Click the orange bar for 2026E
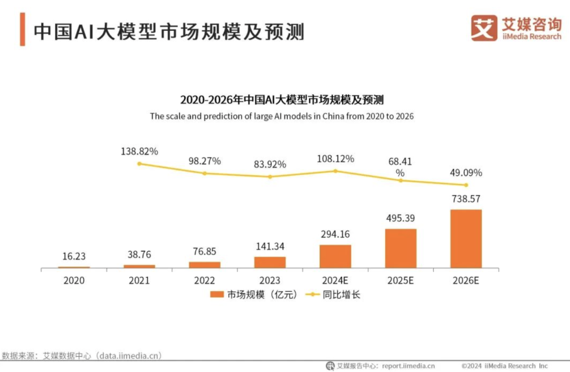point(465,239)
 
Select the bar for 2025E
point(401,248)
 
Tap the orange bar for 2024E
point(335,256)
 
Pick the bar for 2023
point(270,262)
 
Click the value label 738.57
point(465,199)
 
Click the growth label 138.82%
point(139,152)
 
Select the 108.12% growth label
point(335,159)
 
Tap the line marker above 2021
point(139,164)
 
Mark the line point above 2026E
point(465,185)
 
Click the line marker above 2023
point(270,176)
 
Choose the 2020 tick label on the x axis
point(74,281)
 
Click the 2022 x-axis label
point(205,281)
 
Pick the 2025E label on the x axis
point(401,281)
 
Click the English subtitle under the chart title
point(281,116)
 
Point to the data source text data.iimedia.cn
point(126,355)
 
